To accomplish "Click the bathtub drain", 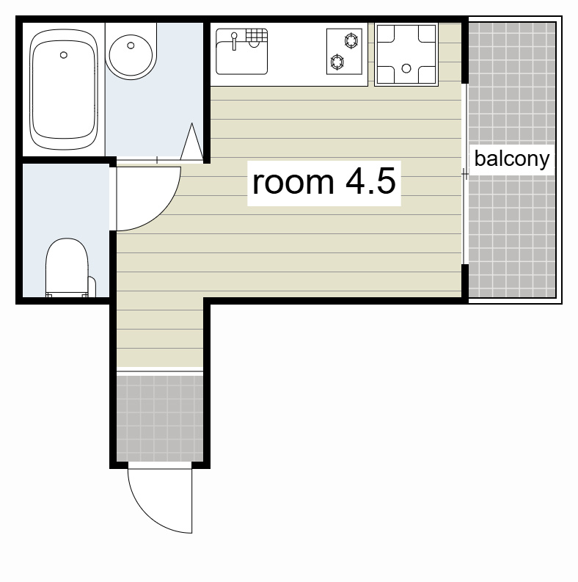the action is point(63,55).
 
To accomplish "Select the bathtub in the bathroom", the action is point(64,90).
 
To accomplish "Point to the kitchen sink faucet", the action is point(234,41).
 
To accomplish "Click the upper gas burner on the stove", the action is point(351,40).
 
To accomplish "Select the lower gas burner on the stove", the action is point(337,62).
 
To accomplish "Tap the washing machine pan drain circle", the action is point(406,68).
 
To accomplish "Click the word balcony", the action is point(512,159).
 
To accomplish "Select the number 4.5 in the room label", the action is point(370,181).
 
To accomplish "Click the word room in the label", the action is point(293,183).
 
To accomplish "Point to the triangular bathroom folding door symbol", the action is point(191,142).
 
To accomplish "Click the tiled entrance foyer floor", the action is point(160,418).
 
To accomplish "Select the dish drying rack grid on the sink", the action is point(256,35).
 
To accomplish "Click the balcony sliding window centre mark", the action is point(465,174).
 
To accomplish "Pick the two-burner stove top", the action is point(344,51).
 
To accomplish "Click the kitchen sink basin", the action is point(241,58).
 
